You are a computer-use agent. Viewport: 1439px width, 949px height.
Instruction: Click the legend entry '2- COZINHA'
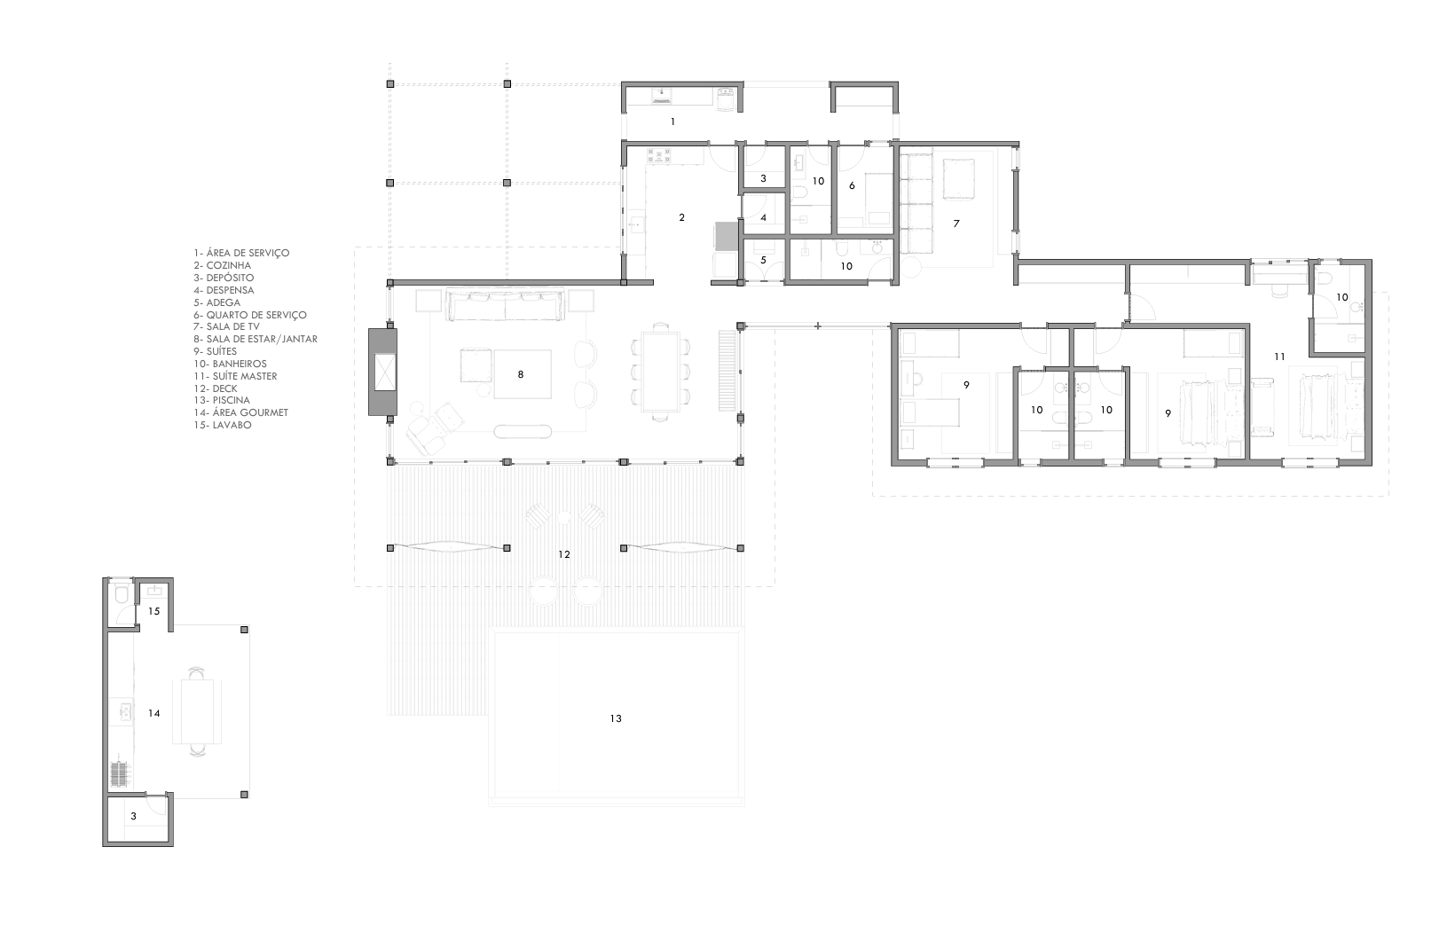223,265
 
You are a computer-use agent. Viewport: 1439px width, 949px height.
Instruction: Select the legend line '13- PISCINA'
222,400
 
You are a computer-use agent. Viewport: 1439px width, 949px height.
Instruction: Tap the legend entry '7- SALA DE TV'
227,326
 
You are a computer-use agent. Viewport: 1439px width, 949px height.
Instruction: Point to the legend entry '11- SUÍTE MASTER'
235,376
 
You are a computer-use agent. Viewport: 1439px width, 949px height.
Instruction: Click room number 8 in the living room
521,374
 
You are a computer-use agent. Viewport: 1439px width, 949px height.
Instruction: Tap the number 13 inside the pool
616,718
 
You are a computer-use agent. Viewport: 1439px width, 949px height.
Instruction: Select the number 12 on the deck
564,554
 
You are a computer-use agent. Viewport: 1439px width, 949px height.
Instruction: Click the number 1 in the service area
672,122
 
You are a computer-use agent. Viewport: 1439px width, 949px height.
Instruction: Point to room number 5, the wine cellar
763,260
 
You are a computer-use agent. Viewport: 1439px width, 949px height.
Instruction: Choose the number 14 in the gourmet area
153,713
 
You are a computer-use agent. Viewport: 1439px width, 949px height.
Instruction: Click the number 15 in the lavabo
153,611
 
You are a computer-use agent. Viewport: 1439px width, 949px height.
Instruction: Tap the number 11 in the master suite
1279,357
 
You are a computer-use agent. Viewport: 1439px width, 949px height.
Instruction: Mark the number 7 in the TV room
955,224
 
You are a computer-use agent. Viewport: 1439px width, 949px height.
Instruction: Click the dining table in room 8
660,372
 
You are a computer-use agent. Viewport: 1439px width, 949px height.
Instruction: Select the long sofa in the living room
506,304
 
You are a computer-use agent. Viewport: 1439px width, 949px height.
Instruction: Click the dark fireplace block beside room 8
383,372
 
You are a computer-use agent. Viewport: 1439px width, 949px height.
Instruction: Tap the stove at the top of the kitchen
658,155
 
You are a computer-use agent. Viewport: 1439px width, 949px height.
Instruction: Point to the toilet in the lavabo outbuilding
122,596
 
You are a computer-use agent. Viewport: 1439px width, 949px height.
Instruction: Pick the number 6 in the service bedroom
852,185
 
